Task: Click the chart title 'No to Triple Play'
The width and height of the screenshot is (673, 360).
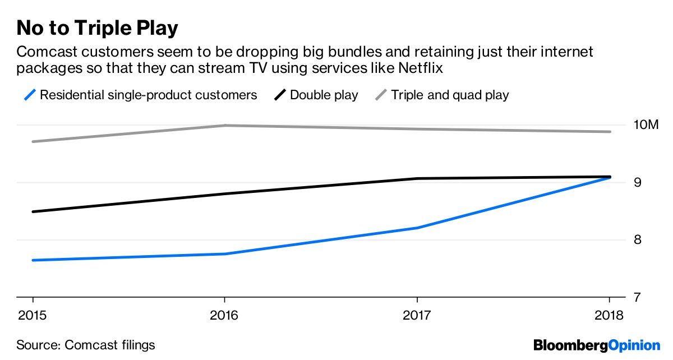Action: pos(98,28)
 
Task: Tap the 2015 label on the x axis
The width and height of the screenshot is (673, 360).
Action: pos(32,316)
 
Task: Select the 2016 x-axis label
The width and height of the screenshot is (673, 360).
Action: pos(224,316)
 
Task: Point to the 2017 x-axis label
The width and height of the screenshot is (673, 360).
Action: pos(417,316)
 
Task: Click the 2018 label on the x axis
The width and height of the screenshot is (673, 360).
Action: pos(609,316)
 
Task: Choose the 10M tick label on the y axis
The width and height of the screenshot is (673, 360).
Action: pos(646,124)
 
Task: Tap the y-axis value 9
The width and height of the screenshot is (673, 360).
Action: pos(638,182)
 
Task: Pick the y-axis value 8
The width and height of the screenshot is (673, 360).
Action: pos(638,240)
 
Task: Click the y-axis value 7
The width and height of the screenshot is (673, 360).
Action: pos(638,297)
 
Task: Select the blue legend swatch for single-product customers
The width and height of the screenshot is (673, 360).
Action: pos(30,95)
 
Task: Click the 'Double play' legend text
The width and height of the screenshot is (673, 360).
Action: pos(324,95)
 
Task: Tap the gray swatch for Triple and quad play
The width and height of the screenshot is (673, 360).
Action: pos(381,95)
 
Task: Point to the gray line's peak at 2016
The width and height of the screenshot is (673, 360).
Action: pos(225,125)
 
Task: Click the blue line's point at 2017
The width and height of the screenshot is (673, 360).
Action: pos(417,228)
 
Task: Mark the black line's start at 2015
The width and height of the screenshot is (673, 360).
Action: pos(33,212)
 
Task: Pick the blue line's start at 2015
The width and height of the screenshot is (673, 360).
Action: pos(33,260)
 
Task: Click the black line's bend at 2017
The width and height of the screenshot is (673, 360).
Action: pos(417,178)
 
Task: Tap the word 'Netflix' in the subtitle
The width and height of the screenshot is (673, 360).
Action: pos(420,68)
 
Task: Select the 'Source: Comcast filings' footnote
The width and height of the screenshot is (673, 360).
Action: pos(86,345)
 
